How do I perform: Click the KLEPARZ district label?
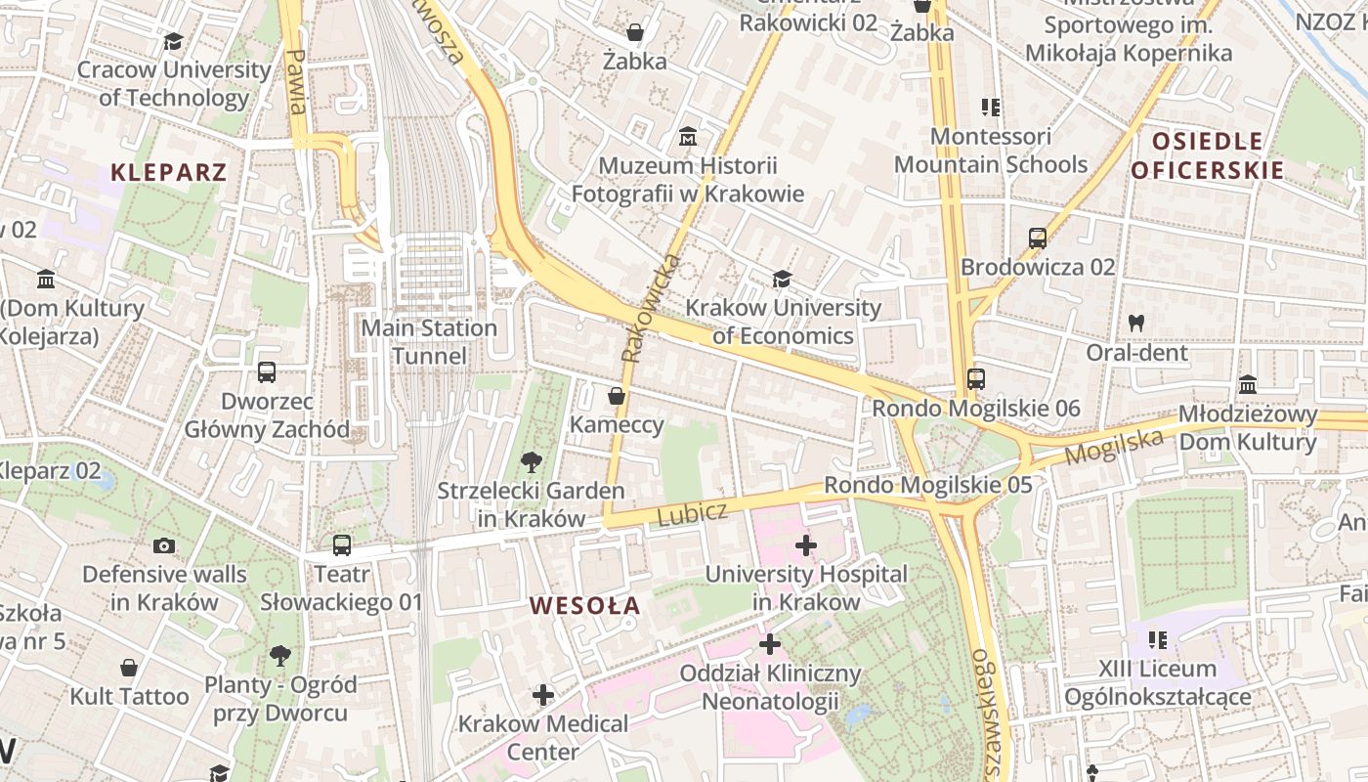click(x=168, y=173)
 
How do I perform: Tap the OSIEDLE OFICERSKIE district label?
click(x=1208, y=155)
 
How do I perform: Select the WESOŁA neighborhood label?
click(x=584, y=605)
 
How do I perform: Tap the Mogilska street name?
click(x=1114, y=447)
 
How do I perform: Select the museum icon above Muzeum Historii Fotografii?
click(x=688, y=136)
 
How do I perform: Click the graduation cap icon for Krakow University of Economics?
click(x=782, y=280)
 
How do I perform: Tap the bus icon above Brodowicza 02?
click(x=1038, y=238)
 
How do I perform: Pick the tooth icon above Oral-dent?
click(x=1136, y=322)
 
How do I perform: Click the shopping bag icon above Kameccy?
click(x=617, y=396)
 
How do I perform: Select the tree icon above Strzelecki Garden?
click(x=531, y=461)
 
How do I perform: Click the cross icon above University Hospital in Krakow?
click(x=806, y=544)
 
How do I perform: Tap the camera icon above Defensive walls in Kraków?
click(x=164, y=545)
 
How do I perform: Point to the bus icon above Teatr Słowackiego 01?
click(x=341, y=545)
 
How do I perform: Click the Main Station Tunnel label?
click(x=429, y=341)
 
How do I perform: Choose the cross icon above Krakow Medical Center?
click(x=543, y=695)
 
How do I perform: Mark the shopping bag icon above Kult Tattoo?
click(x=129, y=668)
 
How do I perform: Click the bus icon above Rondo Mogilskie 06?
click(x=975, y=378)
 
